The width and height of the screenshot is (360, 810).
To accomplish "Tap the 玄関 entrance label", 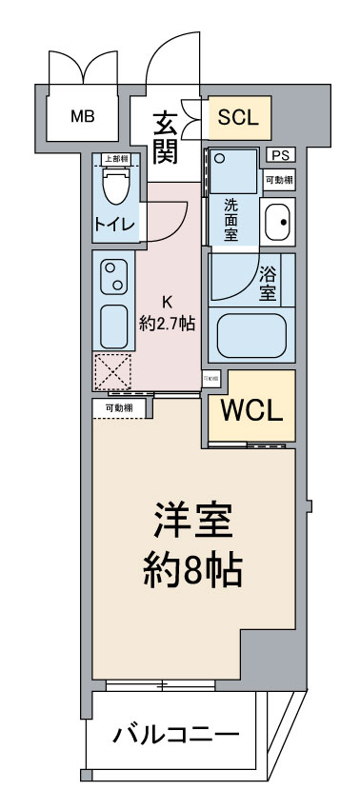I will (x=167, y=135).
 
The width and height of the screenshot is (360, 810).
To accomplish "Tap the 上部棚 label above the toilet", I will (x=116, y=159).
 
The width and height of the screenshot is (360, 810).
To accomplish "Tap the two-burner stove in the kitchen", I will (x=114, y=277).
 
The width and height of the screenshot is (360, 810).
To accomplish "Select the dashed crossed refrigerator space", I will (x=111, y=370).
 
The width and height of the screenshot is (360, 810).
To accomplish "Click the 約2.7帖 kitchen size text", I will (x=167, y=324).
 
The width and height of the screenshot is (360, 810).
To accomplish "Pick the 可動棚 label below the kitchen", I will (x=119, y=407).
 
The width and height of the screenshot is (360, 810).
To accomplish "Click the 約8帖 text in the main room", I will (x=193, y=570).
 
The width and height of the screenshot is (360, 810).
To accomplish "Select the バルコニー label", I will (x=177, y=736).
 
